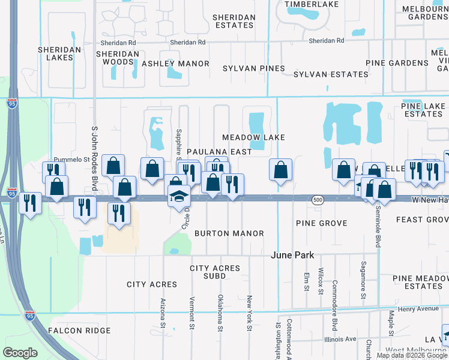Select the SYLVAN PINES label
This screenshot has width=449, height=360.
pos(253,68)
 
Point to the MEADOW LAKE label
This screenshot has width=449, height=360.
pos(253,137)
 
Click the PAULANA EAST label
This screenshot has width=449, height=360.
pos(219,152)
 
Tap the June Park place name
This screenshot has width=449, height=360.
pos(292,255)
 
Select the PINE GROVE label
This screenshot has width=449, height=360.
pos(321,223)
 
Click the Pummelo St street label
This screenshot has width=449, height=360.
pos(71,160)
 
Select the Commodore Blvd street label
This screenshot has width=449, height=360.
pos(334,298)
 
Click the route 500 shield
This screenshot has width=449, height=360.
pos(318,199)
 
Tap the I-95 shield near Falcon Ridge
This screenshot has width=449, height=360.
pos(30,315)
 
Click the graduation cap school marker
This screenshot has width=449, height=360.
pos(179,196)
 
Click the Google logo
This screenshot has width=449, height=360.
pos(20,353)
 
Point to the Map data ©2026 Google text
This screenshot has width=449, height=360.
pos(411,355)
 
